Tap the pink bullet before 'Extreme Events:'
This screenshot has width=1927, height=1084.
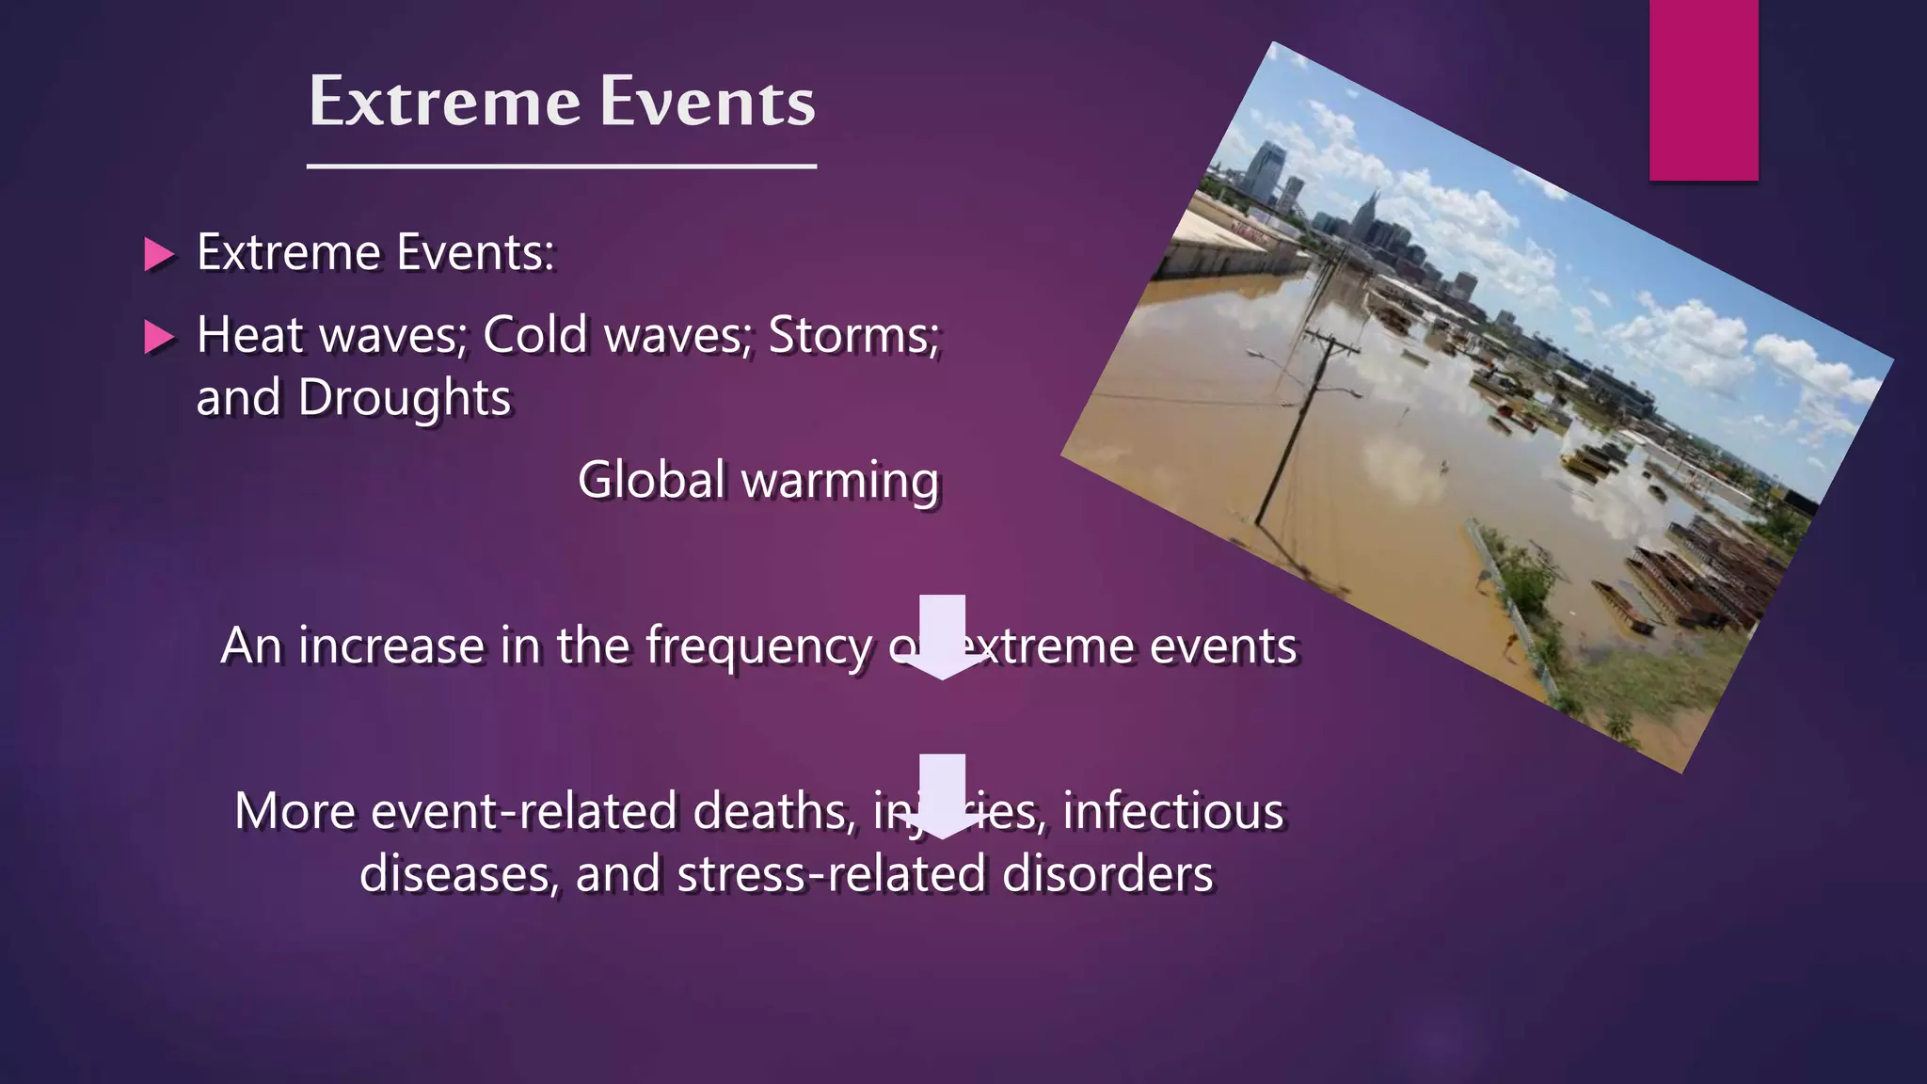pyautogui.click(x=158, y=254)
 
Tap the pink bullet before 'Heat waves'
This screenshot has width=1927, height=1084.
pyautogui.click(x=158, y=337)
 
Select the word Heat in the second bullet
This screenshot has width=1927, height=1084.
pyautogui.click(x=249, y=335)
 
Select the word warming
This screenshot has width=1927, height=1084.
pyautogui.click(x=840, y=482)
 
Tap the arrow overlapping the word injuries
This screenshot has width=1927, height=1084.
pyautogui.click(x=942, y=796)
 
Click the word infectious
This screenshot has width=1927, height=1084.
pyautogui.click(x=1172, y=811)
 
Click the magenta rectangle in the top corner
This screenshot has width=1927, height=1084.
pyautogui.click(x=1703, y=89)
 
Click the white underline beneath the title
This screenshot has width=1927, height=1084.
pyautogui.click(x=562, y=167)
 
